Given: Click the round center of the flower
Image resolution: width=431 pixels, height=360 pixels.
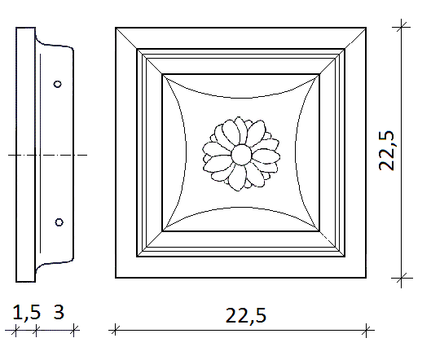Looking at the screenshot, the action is click(x=241, y=155).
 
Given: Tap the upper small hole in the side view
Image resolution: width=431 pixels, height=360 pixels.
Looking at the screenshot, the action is click(x=58, y=84).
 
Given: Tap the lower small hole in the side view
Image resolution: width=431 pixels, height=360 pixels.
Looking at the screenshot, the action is click(x=59, y=222).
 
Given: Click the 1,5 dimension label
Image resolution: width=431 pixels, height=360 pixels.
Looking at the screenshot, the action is click(x=27, y=313).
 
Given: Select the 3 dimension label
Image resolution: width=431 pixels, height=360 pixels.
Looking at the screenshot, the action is click(x=59, y=312).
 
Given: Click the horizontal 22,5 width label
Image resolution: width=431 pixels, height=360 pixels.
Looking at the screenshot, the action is click(x=246, y=315).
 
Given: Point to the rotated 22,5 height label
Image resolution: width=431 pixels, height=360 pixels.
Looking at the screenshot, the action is click(x=387, y=151).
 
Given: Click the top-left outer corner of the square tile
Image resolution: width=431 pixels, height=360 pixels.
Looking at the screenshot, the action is click(x=116, y=28).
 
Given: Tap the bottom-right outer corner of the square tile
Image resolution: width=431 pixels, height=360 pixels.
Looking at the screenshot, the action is click(x=366, y=278).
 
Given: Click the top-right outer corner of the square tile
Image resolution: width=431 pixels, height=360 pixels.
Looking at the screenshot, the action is click(x=366, y=28).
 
